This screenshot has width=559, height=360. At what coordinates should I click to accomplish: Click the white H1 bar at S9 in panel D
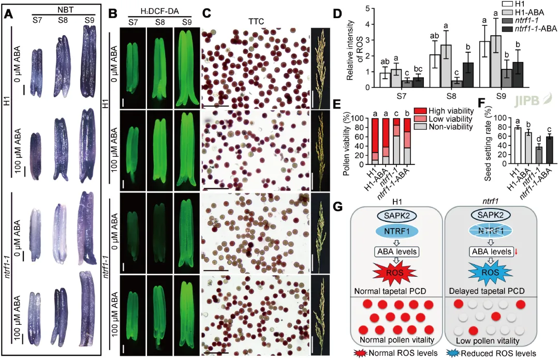click(x=485, y=64)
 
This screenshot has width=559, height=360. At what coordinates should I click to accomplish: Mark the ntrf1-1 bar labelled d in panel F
click(x=524, y=156)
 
